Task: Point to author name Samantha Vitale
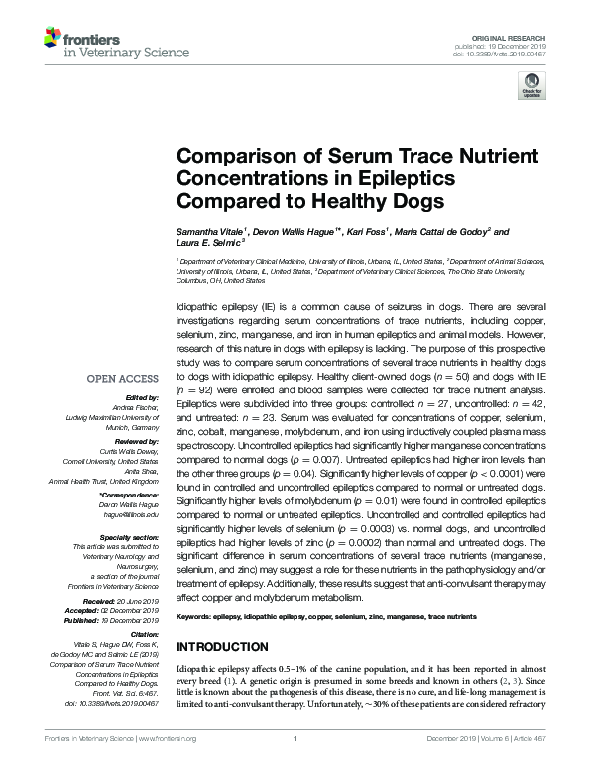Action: (209, 232)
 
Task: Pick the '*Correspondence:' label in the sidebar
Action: (130, 494)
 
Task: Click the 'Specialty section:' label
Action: (131, 536)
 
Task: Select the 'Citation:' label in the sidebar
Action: (145, 632)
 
